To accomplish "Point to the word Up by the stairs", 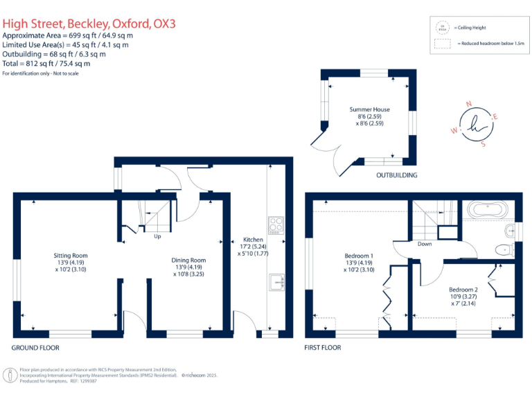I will tap(158, 236).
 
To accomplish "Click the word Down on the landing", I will tap(425, 244).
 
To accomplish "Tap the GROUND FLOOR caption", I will tap(35, 347).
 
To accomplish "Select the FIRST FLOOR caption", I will tap(323, 347).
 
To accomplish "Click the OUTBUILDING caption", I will tap(396, 175).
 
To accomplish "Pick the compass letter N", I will tap(469, 104).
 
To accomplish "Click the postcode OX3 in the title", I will tap(164, 24).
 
